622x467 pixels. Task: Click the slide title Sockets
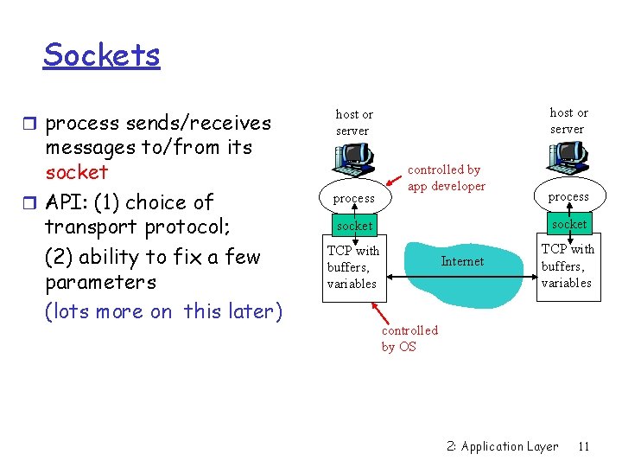point(102,55)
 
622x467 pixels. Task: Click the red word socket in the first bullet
point(76,172)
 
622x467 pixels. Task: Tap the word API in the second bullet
point(65,202)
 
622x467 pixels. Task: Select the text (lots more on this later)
point(163,311)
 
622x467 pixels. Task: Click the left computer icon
point(353,158)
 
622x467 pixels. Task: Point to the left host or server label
point(353,122)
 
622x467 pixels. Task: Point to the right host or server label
point(568,120)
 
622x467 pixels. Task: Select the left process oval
point(354,198)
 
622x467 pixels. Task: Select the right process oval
point(568,196)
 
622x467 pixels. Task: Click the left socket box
point(354,226)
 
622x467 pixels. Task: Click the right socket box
point(568,224)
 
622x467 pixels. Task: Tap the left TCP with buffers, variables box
point(353,267)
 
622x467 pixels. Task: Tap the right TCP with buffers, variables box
point(568,265)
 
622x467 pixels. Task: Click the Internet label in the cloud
point(462,261)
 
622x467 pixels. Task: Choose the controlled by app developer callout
point(446,178)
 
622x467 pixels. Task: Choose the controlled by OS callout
point(409,338)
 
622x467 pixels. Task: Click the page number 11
point(583,446)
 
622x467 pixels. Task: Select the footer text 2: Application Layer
point(502,446)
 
